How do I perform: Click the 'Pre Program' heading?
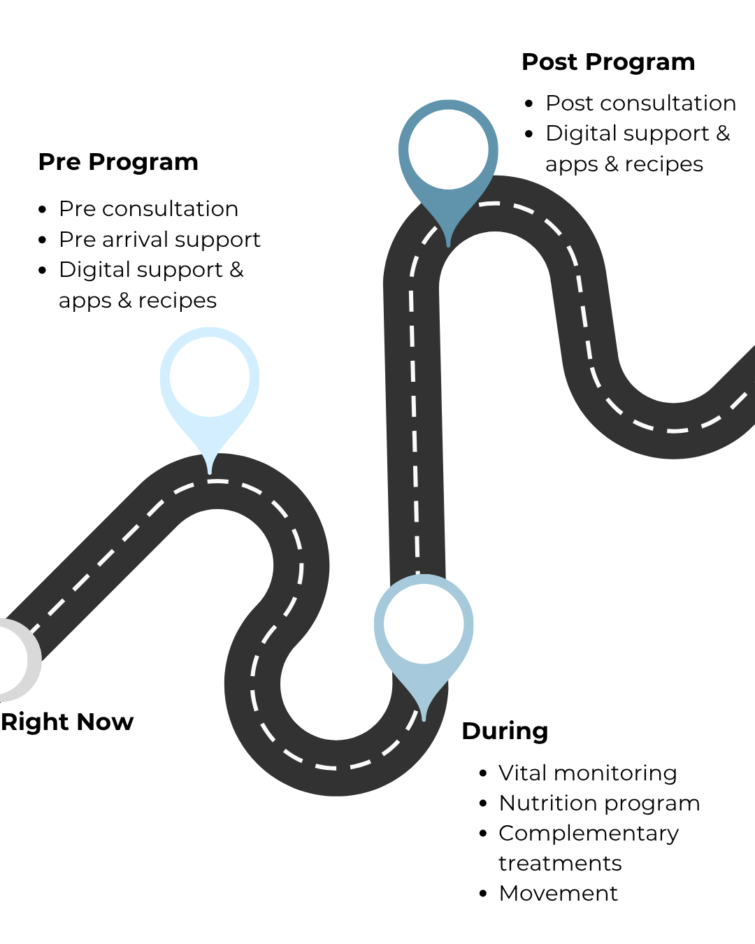118,162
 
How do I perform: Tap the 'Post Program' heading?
608,62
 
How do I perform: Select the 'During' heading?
505,731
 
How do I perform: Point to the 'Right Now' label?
67,722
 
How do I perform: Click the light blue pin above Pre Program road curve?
210,378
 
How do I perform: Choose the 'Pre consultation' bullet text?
148,209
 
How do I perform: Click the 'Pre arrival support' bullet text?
159,240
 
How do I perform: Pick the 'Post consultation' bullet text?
640,103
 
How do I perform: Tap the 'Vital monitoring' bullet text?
587,773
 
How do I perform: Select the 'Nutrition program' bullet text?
599,803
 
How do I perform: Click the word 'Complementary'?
589,834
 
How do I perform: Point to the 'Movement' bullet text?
558,894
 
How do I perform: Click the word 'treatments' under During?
560,864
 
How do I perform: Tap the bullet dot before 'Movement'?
483,894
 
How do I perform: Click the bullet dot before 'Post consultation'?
529,104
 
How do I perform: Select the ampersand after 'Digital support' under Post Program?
723,133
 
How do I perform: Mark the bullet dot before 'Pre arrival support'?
43,240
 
